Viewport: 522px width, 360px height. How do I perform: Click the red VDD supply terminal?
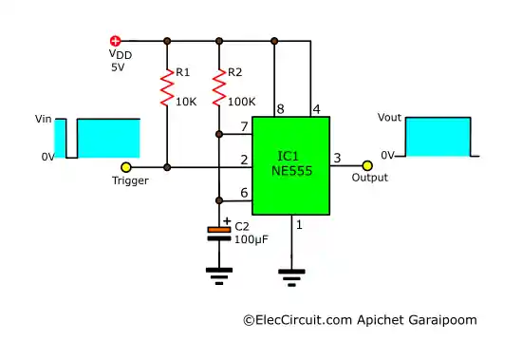116,41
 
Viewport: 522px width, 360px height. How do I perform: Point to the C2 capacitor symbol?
219,231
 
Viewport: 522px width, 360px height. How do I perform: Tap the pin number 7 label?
245,125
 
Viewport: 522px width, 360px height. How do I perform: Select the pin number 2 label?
245,159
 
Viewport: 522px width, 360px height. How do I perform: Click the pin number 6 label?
245,193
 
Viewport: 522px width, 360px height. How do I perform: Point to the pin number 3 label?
337,158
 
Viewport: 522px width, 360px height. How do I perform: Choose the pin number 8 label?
279,109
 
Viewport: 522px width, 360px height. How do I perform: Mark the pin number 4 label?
316,109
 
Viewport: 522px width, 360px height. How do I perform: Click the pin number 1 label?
301,225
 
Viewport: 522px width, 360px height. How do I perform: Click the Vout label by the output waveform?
390,118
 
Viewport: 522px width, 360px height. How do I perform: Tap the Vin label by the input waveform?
43,119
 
